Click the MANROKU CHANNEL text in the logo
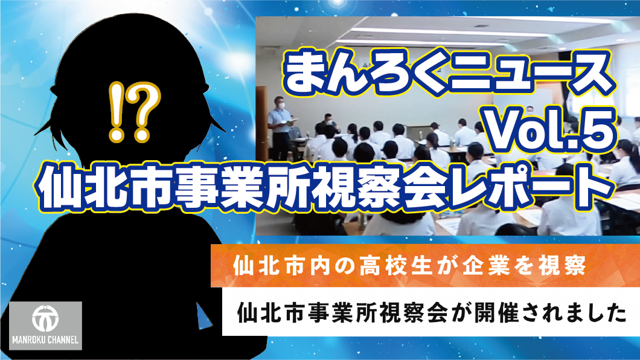coord(45,339)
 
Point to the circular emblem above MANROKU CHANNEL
coord(45,318)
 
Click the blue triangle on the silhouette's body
coord(204,317)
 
